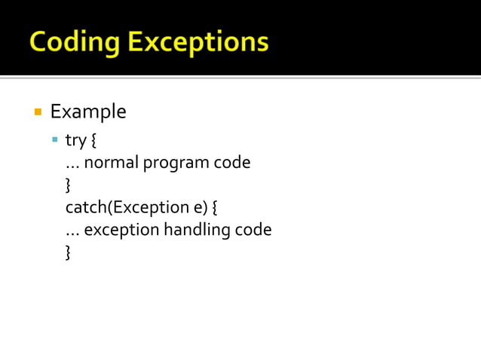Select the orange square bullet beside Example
click(x=37, y=112)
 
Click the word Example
click(x=88, y=112)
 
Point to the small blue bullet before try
click(x=55, y=139)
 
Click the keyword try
click(x=75, y=140)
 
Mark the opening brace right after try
click(x=93, y=140)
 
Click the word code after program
click(x=231, y=163)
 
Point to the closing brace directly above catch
click(x=69, y=185)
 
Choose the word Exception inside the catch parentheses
click(x=146, y=207)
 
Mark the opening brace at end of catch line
click(x=215, y=207)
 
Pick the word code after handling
click(x=253, y=230)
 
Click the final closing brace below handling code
click(x=69, y=252)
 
